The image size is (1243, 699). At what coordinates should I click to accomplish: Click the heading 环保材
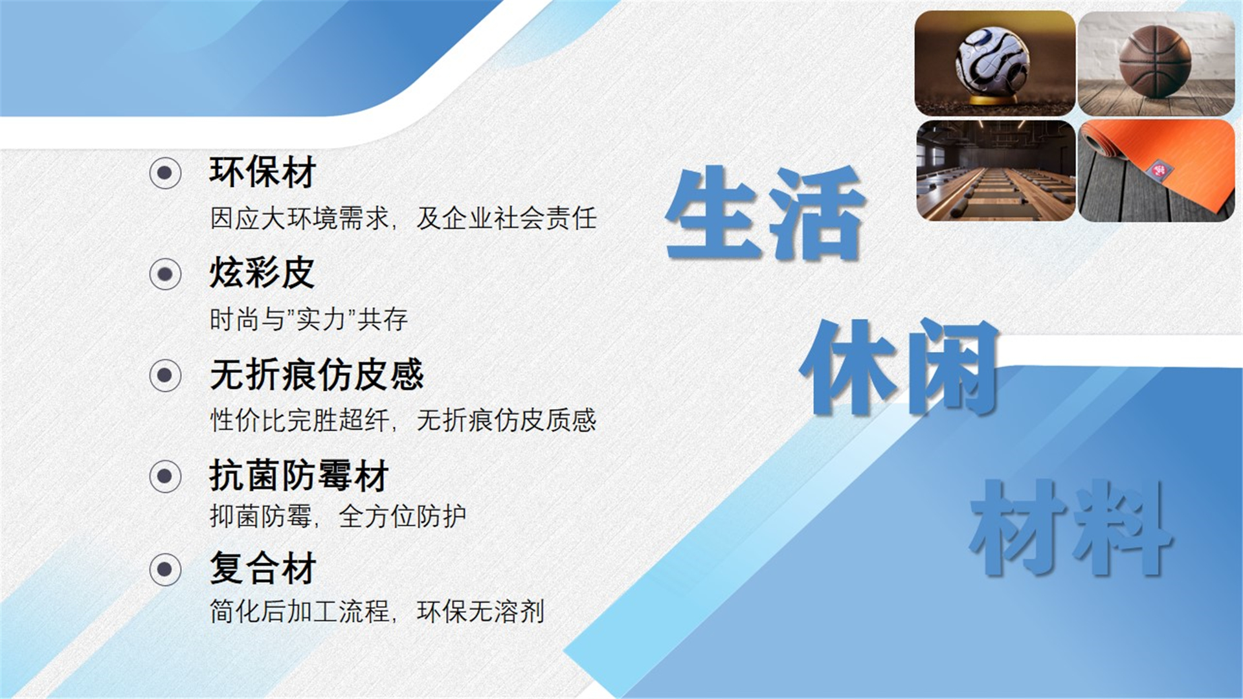[x=262, y=172]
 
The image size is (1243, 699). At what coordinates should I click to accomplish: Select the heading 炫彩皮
[x=262, y=272]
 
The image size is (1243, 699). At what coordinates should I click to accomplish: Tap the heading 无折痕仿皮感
[x=317, y=374]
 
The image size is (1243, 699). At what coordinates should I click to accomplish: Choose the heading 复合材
[x=262, y=568]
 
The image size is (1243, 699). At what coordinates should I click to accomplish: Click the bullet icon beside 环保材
[x=165, y=173]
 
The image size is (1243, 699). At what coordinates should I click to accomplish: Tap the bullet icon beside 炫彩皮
[x=165, y=274]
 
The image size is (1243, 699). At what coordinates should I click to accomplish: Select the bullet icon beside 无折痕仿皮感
[x=165, y=375]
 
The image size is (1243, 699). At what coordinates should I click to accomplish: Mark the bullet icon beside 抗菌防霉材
[x=165, y=476]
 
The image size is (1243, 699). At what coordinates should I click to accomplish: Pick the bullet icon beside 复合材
[x=165, y=570]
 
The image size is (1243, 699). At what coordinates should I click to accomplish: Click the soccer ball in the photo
[x=992, y=61]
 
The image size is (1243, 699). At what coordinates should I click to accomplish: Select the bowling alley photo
[x=996, y=170]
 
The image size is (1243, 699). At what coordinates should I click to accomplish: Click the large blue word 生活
[x=765, y=214]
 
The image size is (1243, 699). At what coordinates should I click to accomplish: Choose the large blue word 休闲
[x=900, y=367]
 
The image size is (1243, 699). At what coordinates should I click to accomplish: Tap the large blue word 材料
[x=1071, y=527]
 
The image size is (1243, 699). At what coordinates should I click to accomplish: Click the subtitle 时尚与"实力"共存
[x=309, y=319]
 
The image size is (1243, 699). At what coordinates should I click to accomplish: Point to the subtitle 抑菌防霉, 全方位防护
[x=338, y=516]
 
